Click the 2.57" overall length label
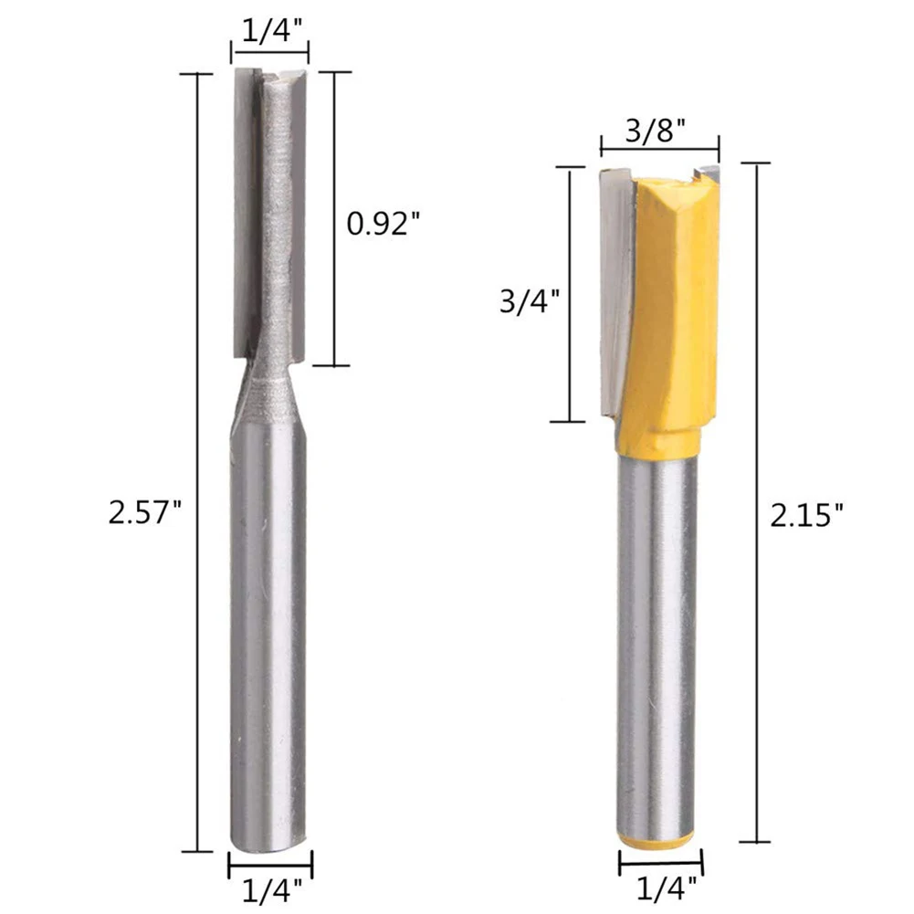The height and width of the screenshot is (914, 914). (145, 513)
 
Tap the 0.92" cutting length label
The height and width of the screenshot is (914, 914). (383, 223)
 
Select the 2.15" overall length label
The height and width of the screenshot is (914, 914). (807, 515)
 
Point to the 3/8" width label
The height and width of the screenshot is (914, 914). (656, 131)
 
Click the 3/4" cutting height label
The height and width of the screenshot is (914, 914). (530, 302)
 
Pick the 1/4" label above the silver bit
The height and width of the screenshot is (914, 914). (274, 30)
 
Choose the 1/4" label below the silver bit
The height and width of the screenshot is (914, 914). (272, 890)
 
